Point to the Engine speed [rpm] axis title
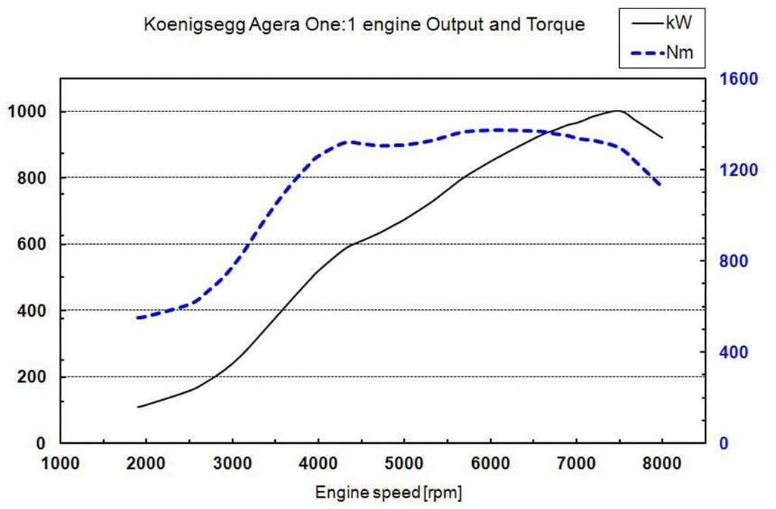[x=387, y=492]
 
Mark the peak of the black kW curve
[x=618, y=111]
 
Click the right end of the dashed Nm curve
[x=661, y=185]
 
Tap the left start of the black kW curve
[x=137, y=407]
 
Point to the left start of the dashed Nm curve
[x=138, y=317]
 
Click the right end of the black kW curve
[x=662, y=138]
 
